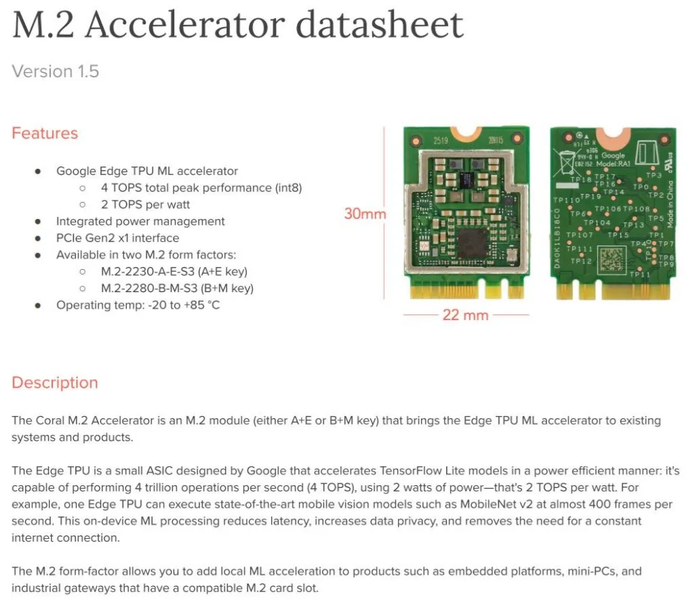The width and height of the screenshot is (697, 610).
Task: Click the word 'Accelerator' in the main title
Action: point(185,26)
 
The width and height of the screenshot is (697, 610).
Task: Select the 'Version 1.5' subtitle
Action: point(55,71)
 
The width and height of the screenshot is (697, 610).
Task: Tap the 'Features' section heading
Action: point(45,133)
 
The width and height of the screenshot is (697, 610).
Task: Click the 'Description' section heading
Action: point(54,383)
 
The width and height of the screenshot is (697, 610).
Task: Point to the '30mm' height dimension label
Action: point(365,214)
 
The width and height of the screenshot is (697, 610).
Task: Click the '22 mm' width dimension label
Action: point(466,315)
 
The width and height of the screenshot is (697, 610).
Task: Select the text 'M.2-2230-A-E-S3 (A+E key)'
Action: point(174,271)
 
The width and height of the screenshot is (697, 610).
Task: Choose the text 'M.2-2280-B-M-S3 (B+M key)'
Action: point(177,288)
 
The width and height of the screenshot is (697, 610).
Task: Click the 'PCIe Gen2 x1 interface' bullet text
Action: point(118,238)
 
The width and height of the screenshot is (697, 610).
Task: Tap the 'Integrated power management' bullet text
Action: point(140,221)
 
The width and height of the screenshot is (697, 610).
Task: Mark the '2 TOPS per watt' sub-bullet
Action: point(145,204)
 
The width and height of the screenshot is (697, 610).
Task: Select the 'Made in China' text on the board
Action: point(670,203)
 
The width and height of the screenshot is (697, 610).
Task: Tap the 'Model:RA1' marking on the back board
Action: point(615,163)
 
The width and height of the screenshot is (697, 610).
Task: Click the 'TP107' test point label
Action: point(580,235)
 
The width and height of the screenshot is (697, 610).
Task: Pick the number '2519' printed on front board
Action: point(441,140)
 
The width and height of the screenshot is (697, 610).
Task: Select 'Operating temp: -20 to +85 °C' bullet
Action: point(138,305)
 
